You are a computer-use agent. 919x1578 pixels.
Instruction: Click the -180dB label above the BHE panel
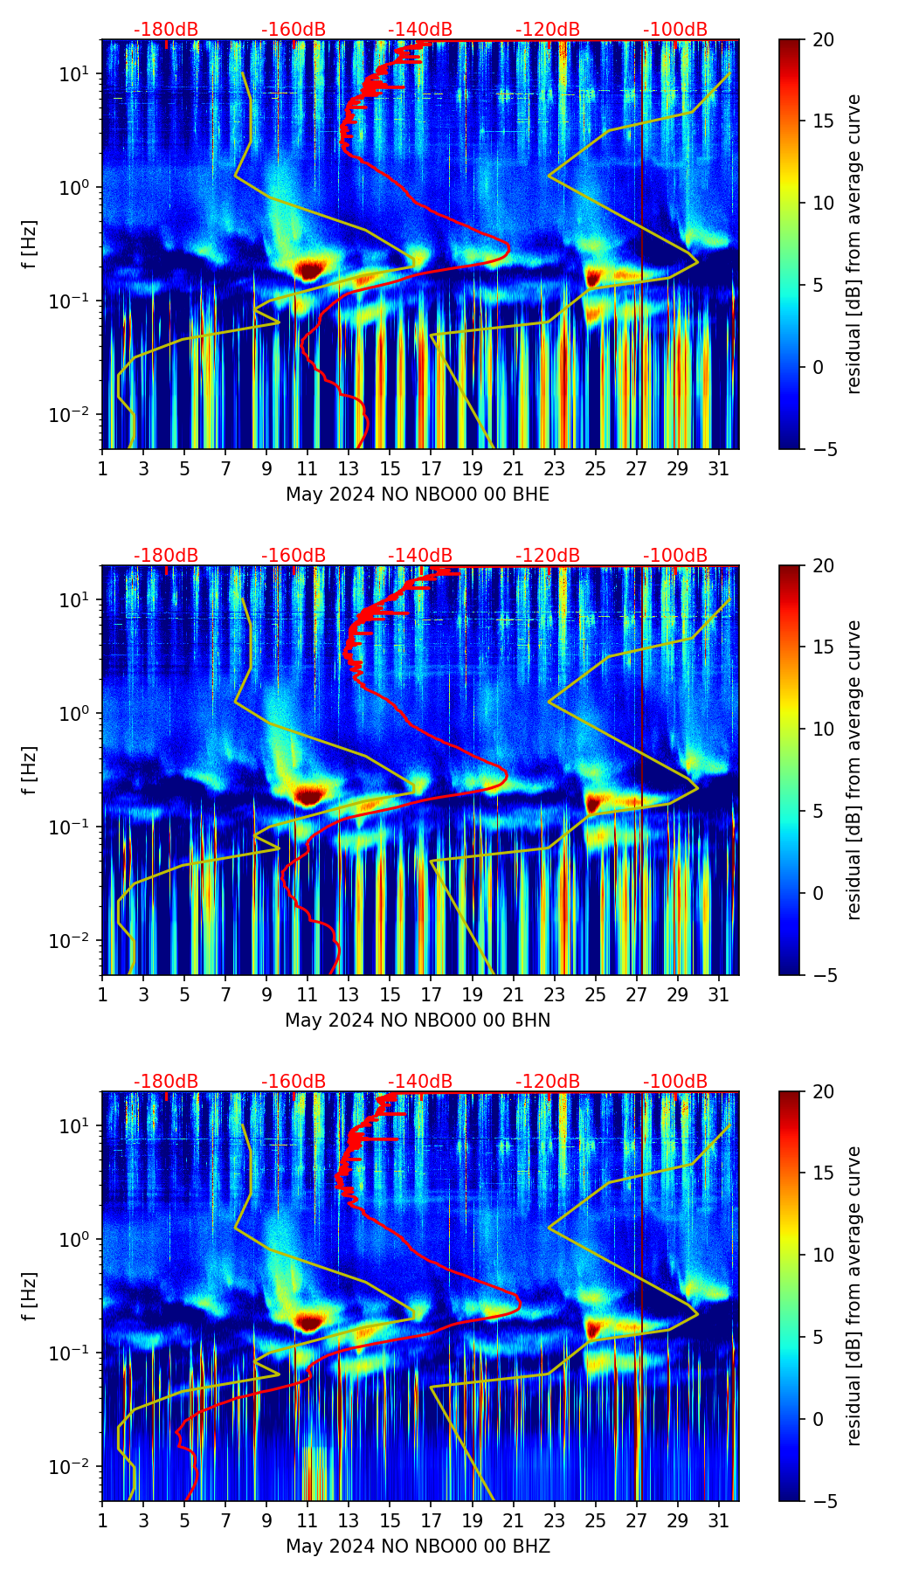pos(166,30)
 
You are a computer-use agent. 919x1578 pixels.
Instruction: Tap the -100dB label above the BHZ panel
pos(675,1082)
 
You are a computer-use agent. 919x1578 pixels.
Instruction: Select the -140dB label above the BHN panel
pos(420,556)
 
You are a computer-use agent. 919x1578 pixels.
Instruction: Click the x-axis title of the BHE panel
pos(418,495)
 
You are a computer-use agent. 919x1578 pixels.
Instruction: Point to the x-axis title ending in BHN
pos(418,1021)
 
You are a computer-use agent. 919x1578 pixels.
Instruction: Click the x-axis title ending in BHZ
pos(418,1547)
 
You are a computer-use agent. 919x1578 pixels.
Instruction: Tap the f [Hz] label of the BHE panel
pos(30,245)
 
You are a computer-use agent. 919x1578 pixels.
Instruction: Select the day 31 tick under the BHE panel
pos(718,469)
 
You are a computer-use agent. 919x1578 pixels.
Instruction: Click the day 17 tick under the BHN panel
pos(431,995)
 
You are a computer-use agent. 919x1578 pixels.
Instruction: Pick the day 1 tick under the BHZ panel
pos(102,1521)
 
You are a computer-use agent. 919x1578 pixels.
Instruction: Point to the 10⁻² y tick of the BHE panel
pos(70,414)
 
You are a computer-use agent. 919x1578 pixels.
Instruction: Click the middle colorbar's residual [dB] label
pos(853,770)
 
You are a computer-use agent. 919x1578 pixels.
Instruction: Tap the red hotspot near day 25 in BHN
pos(594,802)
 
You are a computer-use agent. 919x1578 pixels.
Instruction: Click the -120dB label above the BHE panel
pos(548,30)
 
